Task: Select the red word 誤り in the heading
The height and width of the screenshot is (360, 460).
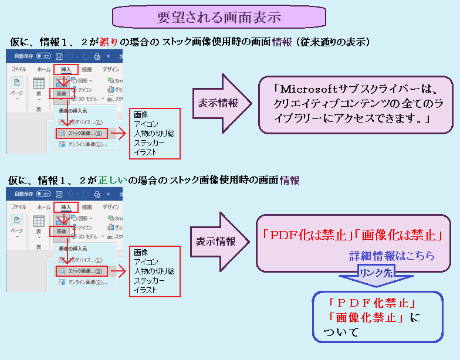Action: click(x=110, y=42)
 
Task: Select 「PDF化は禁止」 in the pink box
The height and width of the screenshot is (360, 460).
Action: click(x=305, y=236)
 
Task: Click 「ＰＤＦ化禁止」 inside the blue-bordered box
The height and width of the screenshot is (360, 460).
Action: click(x=373, y=304)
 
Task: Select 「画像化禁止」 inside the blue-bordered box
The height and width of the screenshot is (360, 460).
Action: click(x=365, y=318)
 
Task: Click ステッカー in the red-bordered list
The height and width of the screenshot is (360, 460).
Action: click(x=149, y=280)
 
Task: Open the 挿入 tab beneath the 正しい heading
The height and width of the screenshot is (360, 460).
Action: click(x=66, y=207)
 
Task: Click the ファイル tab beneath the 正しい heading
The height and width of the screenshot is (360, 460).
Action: click(x=19, y=207)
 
